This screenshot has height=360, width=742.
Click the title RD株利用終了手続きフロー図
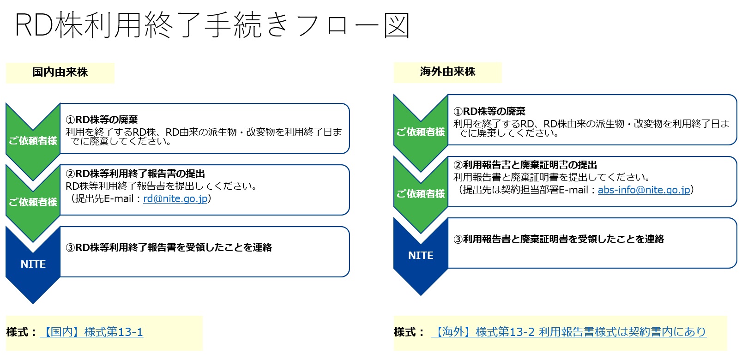(x=212, y=25)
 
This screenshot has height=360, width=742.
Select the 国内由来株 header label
(x=60, y=72)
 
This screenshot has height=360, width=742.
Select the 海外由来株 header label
(x=447, y=72)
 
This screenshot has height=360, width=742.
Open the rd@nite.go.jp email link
(x=175, y=199)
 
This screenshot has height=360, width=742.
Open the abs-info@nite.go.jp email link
(x=644, y=190)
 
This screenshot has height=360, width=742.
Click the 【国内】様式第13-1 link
(x=91, y=332)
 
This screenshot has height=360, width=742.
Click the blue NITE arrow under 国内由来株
(x=33, y=264)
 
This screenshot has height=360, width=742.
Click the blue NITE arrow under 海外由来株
(x=421, y=256)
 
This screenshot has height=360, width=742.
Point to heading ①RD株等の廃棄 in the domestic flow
(x=102, y=120)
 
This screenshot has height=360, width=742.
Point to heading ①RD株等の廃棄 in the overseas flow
(x=489, y=112)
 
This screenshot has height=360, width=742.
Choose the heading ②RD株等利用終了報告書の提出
(x=135, y=174)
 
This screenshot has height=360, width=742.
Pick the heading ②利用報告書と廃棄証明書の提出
(x=525, y=165)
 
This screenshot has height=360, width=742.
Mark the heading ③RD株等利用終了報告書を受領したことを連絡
(x=169, y=248)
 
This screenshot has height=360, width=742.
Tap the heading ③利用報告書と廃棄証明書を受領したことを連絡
(x=558, y=239)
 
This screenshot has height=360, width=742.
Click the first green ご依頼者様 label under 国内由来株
(x=33, y=141)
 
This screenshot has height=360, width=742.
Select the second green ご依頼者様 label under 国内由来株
(x=33, y=202)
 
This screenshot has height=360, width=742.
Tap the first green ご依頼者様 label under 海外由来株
(x=421, y=132)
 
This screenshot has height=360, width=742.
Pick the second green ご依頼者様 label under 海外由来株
(x=421, y=194)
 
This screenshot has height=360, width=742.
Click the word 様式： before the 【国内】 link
(x=21, y=332)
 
